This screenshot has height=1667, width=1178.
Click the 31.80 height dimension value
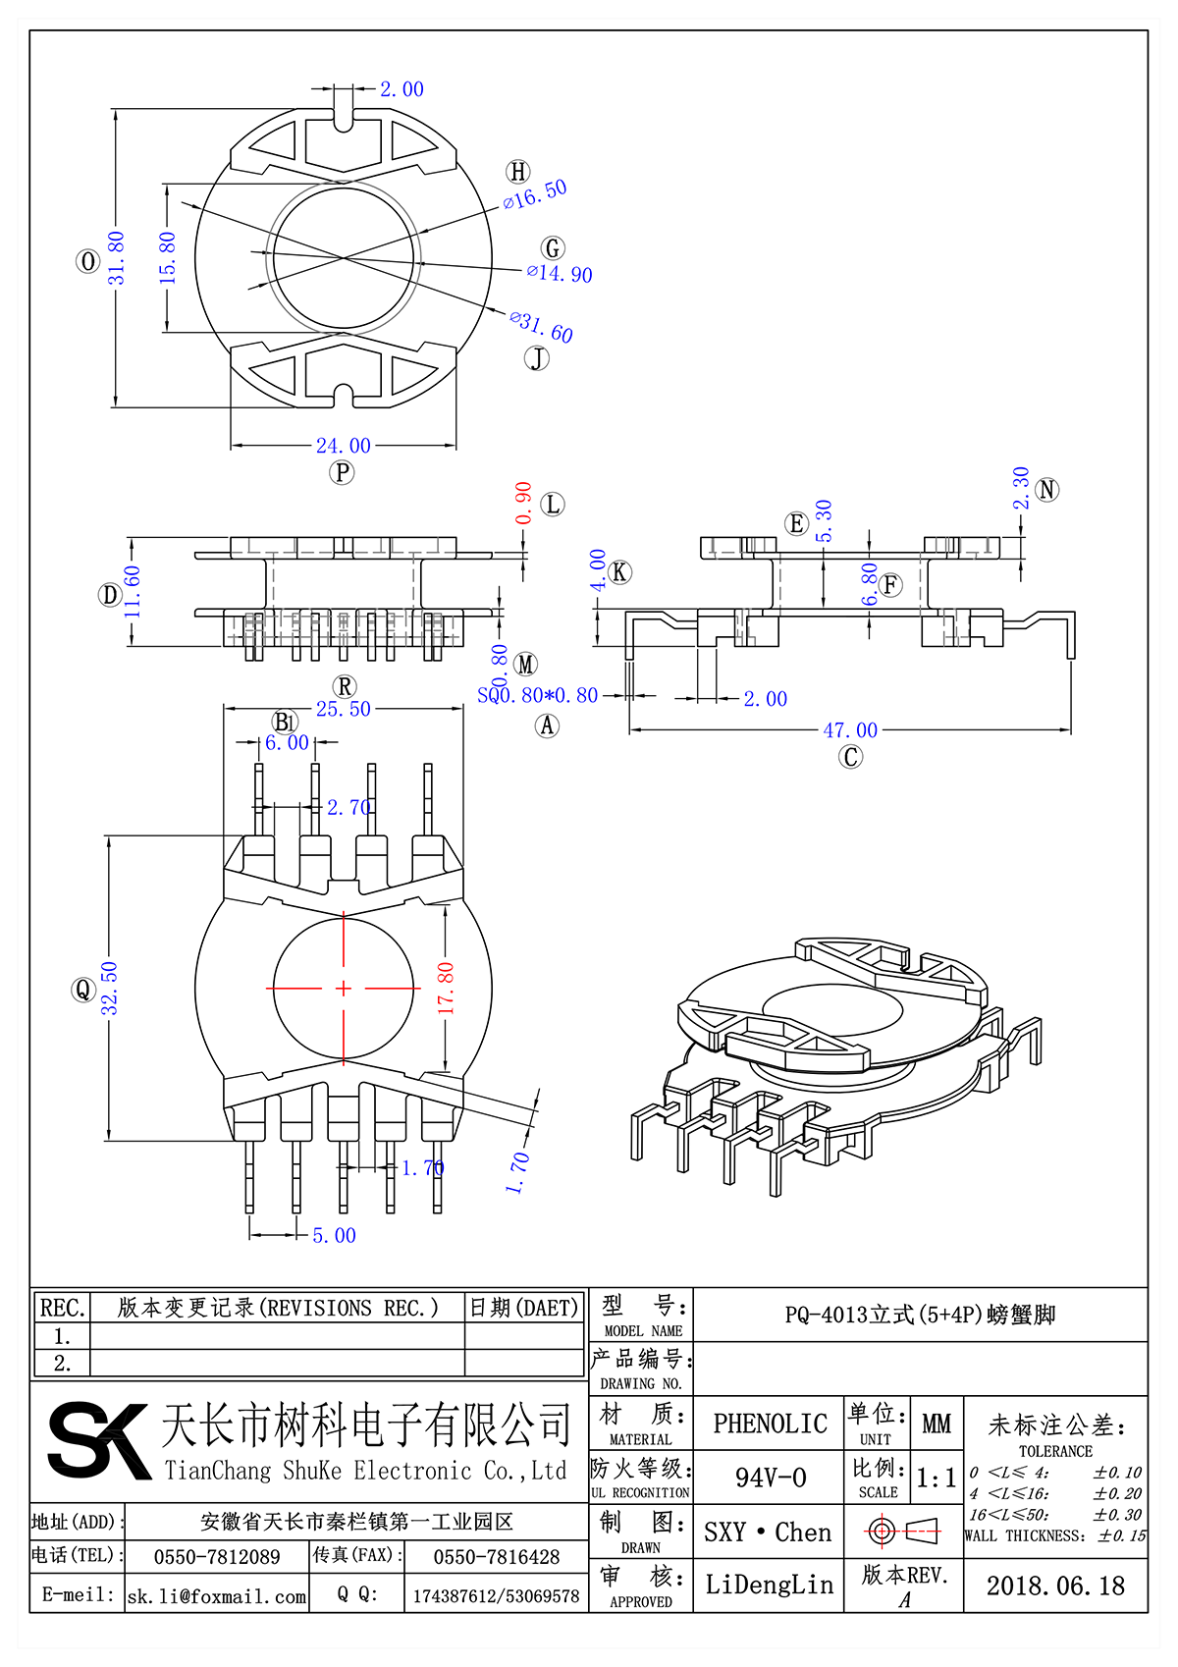(117, 258)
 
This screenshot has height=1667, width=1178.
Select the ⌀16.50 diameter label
(535, 194)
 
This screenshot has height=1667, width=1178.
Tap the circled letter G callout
(553, 248)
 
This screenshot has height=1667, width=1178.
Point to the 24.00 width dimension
(343, 446)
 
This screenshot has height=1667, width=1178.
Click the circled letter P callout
(342, 473)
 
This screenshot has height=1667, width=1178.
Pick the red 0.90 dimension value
(523, 503)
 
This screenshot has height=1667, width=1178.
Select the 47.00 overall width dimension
(850, 730)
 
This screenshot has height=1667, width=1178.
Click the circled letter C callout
(851, 757)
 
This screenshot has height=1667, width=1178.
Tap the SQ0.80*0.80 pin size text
(538, 696)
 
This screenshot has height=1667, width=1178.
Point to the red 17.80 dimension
(446, 988)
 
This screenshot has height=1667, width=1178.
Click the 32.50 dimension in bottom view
(109, 988)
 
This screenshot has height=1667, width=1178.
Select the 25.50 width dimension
(343, 709)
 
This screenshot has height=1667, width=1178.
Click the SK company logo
(98, 1440)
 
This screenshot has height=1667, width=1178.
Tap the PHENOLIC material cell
(770, 1424)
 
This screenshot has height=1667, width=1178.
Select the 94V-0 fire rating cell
(770, 1478)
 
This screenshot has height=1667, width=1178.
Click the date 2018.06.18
(1055, 1586)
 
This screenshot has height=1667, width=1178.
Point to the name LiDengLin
(770, 1585)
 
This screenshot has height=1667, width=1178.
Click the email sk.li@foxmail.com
(217, 1596)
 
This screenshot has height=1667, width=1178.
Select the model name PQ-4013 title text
(920, 1315)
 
